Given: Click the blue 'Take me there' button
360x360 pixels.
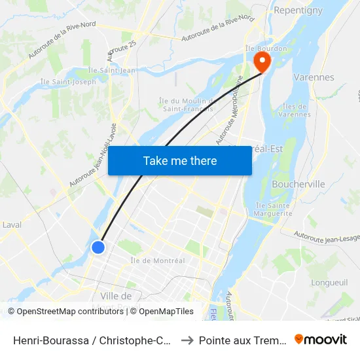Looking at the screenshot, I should [180, 160].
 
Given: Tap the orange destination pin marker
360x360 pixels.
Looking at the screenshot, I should [261, 63].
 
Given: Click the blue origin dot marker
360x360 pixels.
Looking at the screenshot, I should [98, 247].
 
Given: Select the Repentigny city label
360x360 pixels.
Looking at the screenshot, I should [298, 10].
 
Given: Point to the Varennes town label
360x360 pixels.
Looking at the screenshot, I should [314, 77].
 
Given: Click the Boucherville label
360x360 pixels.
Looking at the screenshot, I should [298, 184].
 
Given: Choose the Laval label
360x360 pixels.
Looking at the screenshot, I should [11, 225].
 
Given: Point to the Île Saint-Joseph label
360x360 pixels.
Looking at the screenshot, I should [68, 82].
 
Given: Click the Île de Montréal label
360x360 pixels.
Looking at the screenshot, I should [158, 261].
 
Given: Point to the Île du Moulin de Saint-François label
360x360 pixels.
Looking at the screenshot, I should [186, 104].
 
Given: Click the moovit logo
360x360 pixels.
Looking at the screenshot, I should [320, 339].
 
